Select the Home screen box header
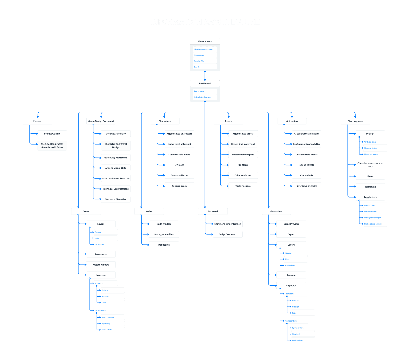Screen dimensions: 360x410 tap(205, 41)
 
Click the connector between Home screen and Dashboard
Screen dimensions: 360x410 tap(205, 76)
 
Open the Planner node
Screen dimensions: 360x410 tap(37, 121)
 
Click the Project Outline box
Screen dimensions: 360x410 tap(52, 134)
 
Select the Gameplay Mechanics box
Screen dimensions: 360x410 tap(116, 158)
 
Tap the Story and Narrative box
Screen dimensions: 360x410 tap(116, 199)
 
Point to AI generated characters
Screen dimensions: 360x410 tap(179, 134)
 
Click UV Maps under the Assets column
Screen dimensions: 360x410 tap(243, 165)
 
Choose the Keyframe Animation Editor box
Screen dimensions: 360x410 tap(307, 144)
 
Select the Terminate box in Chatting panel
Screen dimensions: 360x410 tap(370, 187)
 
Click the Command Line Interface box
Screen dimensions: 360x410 tap(227, 224)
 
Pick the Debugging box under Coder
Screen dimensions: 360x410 tap(164, 245)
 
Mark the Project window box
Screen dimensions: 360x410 tap(101, 265)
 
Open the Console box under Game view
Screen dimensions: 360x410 tap(291, 275)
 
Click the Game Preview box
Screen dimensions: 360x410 tap(291, 224)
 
